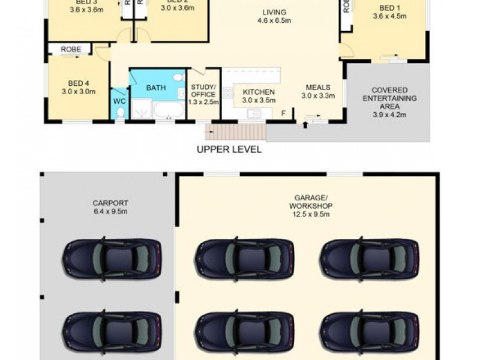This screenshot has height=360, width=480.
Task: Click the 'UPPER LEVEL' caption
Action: pos(229,149)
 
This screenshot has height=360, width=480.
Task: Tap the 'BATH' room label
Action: pos(156,88)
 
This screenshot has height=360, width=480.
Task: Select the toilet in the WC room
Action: pos(120,112)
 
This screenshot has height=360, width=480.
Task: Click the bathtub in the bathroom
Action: pos(169,110)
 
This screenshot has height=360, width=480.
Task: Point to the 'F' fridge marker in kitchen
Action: pos(283,112)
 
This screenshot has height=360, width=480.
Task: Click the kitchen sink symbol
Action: pos(254,113)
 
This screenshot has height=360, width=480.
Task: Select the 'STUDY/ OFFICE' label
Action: pos(203,91)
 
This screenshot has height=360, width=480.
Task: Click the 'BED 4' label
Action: pos(79,83)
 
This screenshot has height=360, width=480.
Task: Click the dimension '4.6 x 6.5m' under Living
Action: pos(274,21)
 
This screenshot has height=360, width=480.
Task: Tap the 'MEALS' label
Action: pos(318,87)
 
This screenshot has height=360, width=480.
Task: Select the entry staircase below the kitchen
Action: pos(235,132)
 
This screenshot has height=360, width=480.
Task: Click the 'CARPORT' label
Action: pos(110,203)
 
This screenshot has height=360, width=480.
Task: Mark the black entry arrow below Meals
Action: pos(305,125)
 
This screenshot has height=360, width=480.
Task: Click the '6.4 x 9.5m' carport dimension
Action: pos(110,211)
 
